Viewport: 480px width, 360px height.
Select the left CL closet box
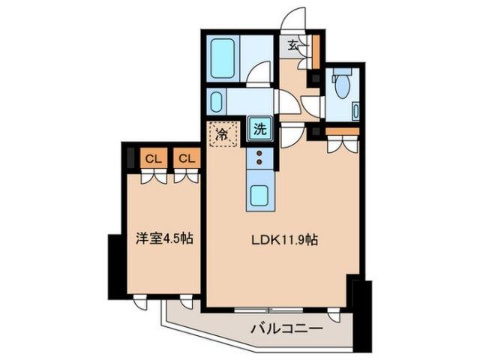[x=154, y=158]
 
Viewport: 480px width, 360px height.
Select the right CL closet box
[x=187, y=158]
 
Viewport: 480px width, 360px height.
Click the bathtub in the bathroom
[x=224, y=58]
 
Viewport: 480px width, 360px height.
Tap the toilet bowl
[x=343, y=85]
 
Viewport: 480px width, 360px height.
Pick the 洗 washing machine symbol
[x=259, y=129]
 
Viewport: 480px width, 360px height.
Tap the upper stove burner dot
[x=259, y=153]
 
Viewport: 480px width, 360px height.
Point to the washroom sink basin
[x=217, y=101]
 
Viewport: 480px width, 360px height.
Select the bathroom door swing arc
[x=259, y=73]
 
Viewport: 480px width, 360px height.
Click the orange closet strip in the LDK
[x=342, y=131]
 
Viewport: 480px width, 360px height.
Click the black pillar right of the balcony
[x=363, y=315]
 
